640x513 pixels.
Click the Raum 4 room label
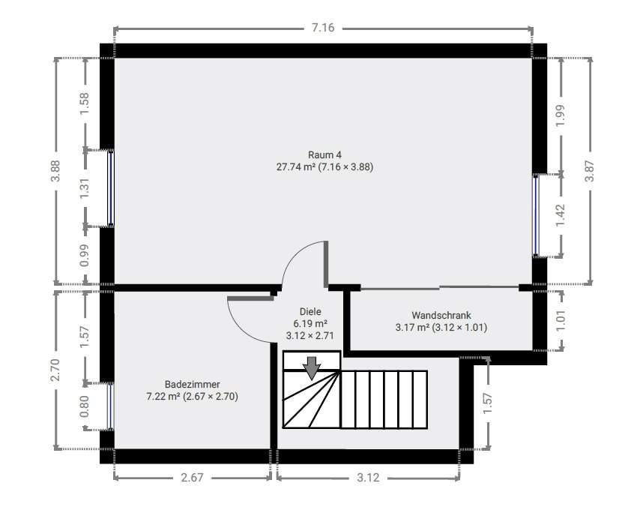click(324, 154)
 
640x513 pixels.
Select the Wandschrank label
click(441, 315)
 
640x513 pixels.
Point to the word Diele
click(310, 311)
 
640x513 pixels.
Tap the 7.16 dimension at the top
click(323, 28)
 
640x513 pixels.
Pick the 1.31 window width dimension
click(85, 187)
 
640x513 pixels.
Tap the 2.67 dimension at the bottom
click(191, 477)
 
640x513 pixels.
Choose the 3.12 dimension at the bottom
click(368, 477)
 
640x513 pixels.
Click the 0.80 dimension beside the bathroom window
click(85, 406)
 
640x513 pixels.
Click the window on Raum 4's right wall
click(536, 215)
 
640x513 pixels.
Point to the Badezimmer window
click(111, 406)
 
